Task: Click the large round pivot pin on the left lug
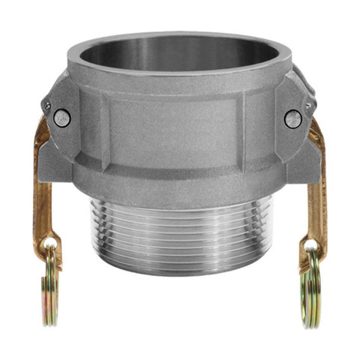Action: (63, 118)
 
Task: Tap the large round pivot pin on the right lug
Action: (292, 118)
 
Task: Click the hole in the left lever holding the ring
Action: (50, 244)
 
